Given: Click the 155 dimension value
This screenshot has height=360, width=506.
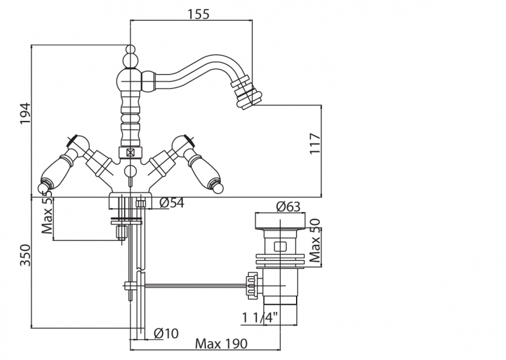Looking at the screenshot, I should coord(199,15).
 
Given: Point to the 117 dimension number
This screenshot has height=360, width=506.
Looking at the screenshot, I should coord(335,146).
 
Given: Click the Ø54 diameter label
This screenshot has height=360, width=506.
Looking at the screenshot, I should coord(172,202).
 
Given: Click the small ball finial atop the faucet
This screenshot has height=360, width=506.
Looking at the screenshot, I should coord(130,49).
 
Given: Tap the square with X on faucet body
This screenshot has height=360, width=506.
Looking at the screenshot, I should coord(130,152).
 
